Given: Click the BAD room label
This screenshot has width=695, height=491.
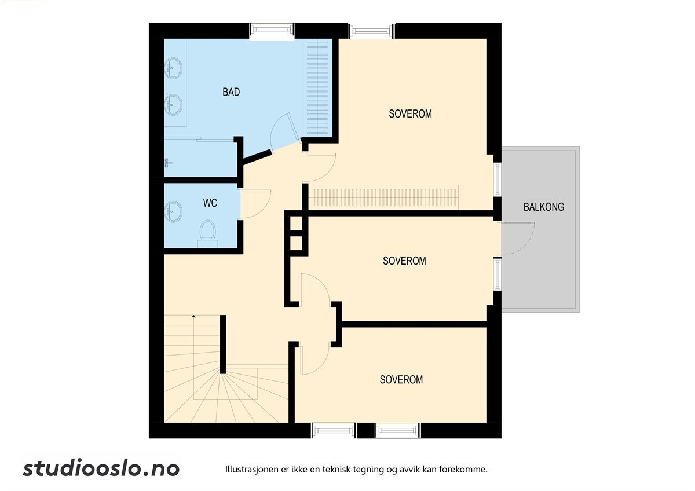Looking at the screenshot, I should coord(231,92).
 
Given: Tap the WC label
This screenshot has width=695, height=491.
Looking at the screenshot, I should coord(210,203).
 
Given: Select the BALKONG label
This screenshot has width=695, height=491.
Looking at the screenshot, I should coord(543,207).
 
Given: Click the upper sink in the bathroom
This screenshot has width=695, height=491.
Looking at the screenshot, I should coord(173,68).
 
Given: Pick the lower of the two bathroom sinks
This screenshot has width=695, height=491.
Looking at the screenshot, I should coord(173,104).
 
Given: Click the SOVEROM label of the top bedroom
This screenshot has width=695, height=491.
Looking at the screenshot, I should coord(410,114).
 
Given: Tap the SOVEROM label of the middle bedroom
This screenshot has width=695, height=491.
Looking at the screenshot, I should coord(404,261).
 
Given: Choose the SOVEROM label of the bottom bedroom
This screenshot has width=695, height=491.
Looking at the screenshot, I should coord(401,380).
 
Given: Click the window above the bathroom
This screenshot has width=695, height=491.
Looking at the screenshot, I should coord(272,31).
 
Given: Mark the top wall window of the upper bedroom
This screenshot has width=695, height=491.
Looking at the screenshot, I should coord(371,31).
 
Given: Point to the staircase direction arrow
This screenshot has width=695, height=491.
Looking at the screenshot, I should coord(193,316).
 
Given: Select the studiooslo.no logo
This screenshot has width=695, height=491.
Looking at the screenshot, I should coord(101,468).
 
